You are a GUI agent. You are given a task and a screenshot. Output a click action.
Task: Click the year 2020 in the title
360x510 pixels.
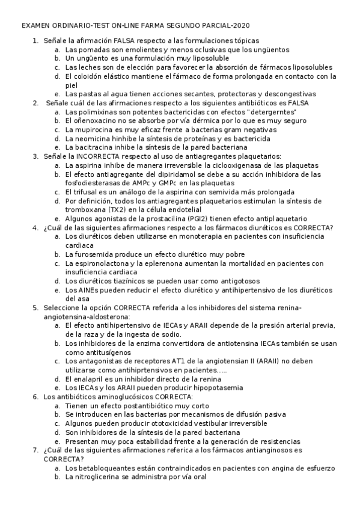[x=240, y=26]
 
